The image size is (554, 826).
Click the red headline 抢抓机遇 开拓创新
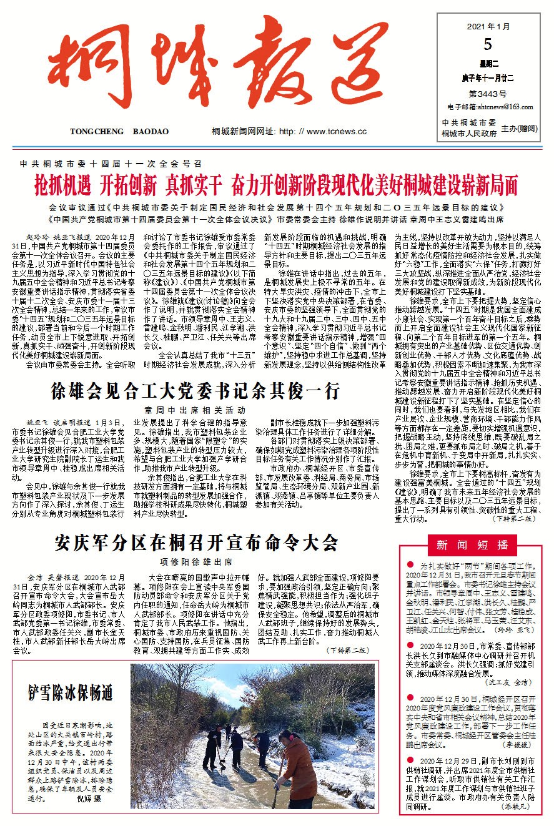click(x=277, y=185)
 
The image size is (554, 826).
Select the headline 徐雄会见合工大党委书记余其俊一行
click(x=196, y=391)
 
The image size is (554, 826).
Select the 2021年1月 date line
click(x=488, y=27)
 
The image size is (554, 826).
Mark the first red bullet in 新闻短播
click(x=409, y=564)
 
